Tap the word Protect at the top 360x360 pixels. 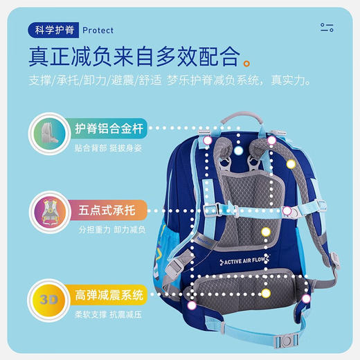(98, 30)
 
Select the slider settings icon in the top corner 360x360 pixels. (327, 28)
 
